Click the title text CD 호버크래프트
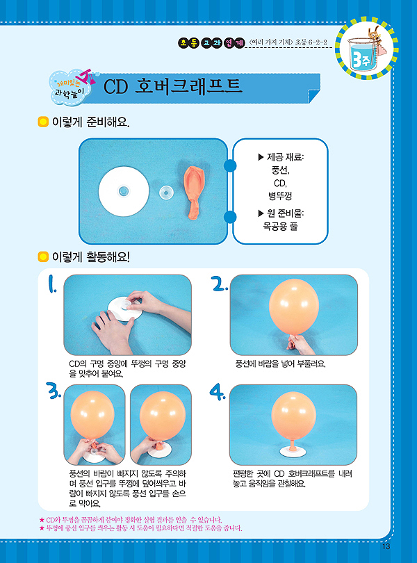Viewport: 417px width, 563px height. [x=173, y=86]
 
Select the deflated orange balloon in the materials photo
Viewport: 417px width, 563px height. [x=194, y=193]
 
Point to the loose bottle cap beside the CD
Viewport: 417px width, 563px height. [x=166, y=192]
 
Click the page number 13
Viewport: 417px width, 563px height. [x=386, y=546]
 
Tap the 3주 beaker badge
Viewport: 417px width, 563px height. [x=366, y=48]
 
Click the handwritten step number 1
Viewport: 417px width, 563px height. [x=52, y=284]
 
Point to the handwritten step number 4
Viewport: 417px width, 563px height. [x=218, y=392]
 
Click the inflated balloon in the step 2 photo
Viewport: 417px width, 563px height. [x=294, y=307]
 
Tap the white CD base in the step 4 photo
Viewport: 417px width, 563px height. [x=293, y=452]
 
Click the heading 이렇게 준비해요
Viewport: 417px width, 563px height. [x=91, y=122]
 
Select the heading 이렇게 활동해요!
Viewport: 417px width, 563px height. [x=91, y=256]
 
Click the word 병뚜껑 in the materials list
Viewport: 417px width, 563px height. [x=280, y=196]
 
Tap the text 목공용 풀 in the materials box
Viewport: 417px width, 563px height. [x=280, y=226]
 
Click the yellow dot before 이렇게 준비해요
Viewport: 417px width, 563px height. [x=43, y=122]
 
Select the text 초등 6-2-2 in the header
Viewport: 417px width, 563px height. [x=311, y=42]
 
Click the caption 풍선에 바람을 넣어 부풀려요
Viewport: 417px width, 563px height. [x=280, y=364]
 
